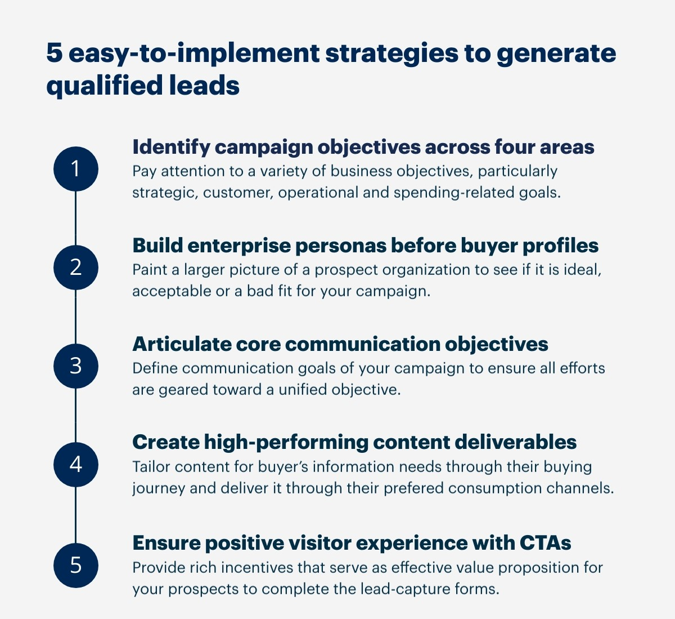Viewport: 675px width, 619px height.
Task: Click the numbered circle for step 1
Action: click(75, 169)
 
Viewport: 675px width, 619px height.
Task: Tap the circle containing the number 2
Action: click(75, 267)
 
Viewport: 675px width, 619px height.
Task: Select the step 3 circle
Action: click(75, 366)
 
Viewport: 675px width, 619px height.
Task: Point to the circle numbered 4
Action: click(75, 465)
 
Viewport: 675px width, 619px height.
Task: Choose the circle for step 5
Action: click(75, 565)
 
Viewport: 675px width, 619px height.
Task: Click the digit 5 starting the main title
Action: click(53, 54)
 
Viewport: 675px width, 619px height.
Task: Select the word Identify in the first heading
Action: click(170, 147)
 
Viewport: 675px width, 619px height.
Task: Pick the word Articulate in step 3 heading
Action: click(182, 344)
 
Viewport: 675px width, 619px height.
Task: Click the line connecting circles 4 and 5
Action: click(75, 515)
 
